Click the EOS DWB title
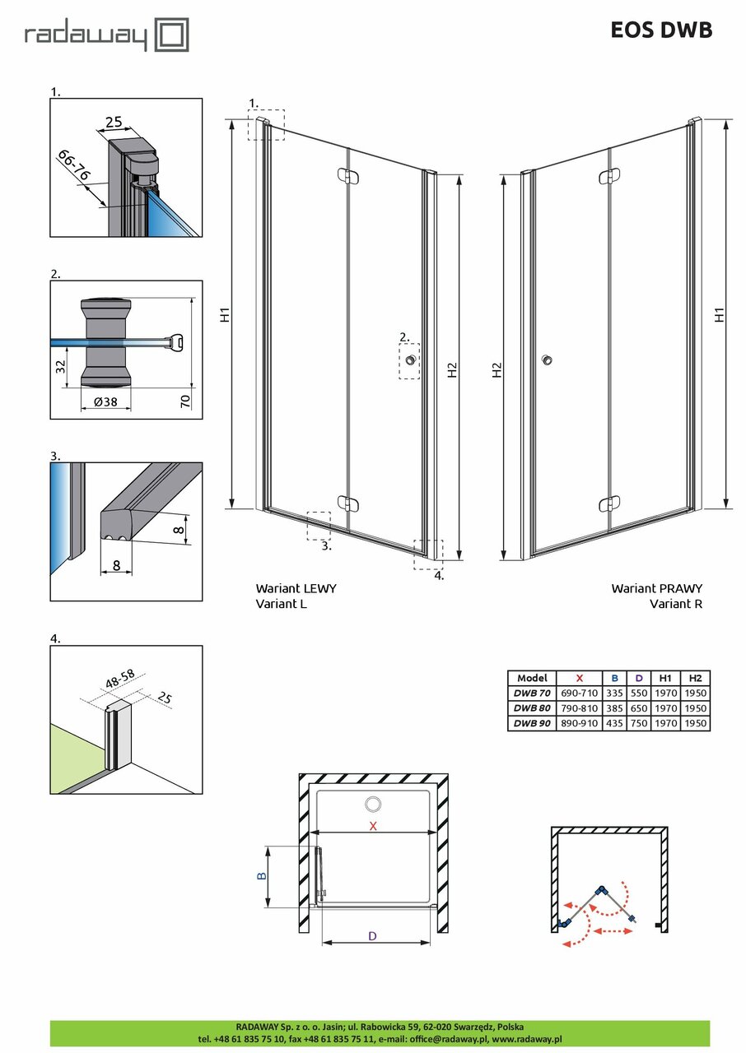point(661,30)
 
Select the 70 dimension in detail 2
point(185,401)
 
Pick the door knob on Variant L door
point(409,360)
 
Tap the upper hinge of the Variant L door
point(348,176)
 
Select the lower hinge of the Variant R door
point(609,503)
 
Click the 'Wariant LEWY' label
point(296,589)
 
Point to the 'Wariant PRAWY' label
point(656,589)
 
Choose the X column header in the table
point(579,678)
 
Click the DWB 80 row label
point(532,707)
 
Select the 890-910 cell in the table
point(579,723)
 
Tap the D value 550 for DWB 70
point(639,693)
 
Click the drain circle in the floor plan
point(373,804)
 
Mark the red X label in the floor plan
point(373,826)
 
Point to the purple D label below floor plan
point(372,936)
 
